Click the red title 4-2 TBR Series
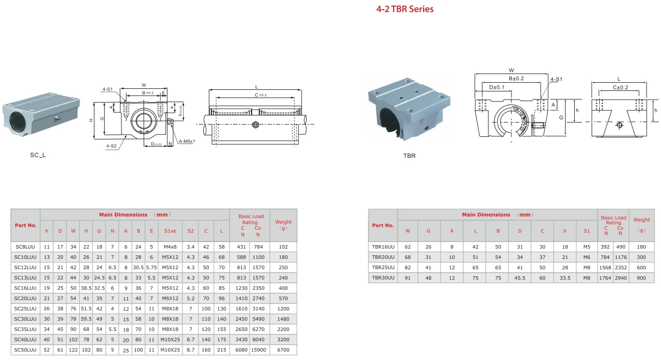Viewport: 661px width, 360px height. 405,9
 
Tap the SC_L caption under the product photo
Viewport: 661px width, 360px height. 38,155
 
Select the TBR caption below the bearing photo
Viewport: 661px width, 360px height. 409,156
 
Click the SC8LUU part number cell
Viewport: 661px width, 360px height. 26,247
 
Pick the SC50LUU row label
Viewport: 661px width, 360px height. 26,350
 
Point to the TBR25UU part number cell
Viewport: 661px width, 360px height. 383,268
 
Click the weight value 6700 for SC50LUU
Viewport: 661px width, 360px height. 283,350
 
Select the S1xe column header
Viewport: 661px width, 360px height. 170,231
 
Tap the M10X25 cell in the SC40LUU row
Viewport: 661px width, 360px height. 170,340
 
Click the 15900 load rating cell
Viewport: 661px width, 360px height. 258,350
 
